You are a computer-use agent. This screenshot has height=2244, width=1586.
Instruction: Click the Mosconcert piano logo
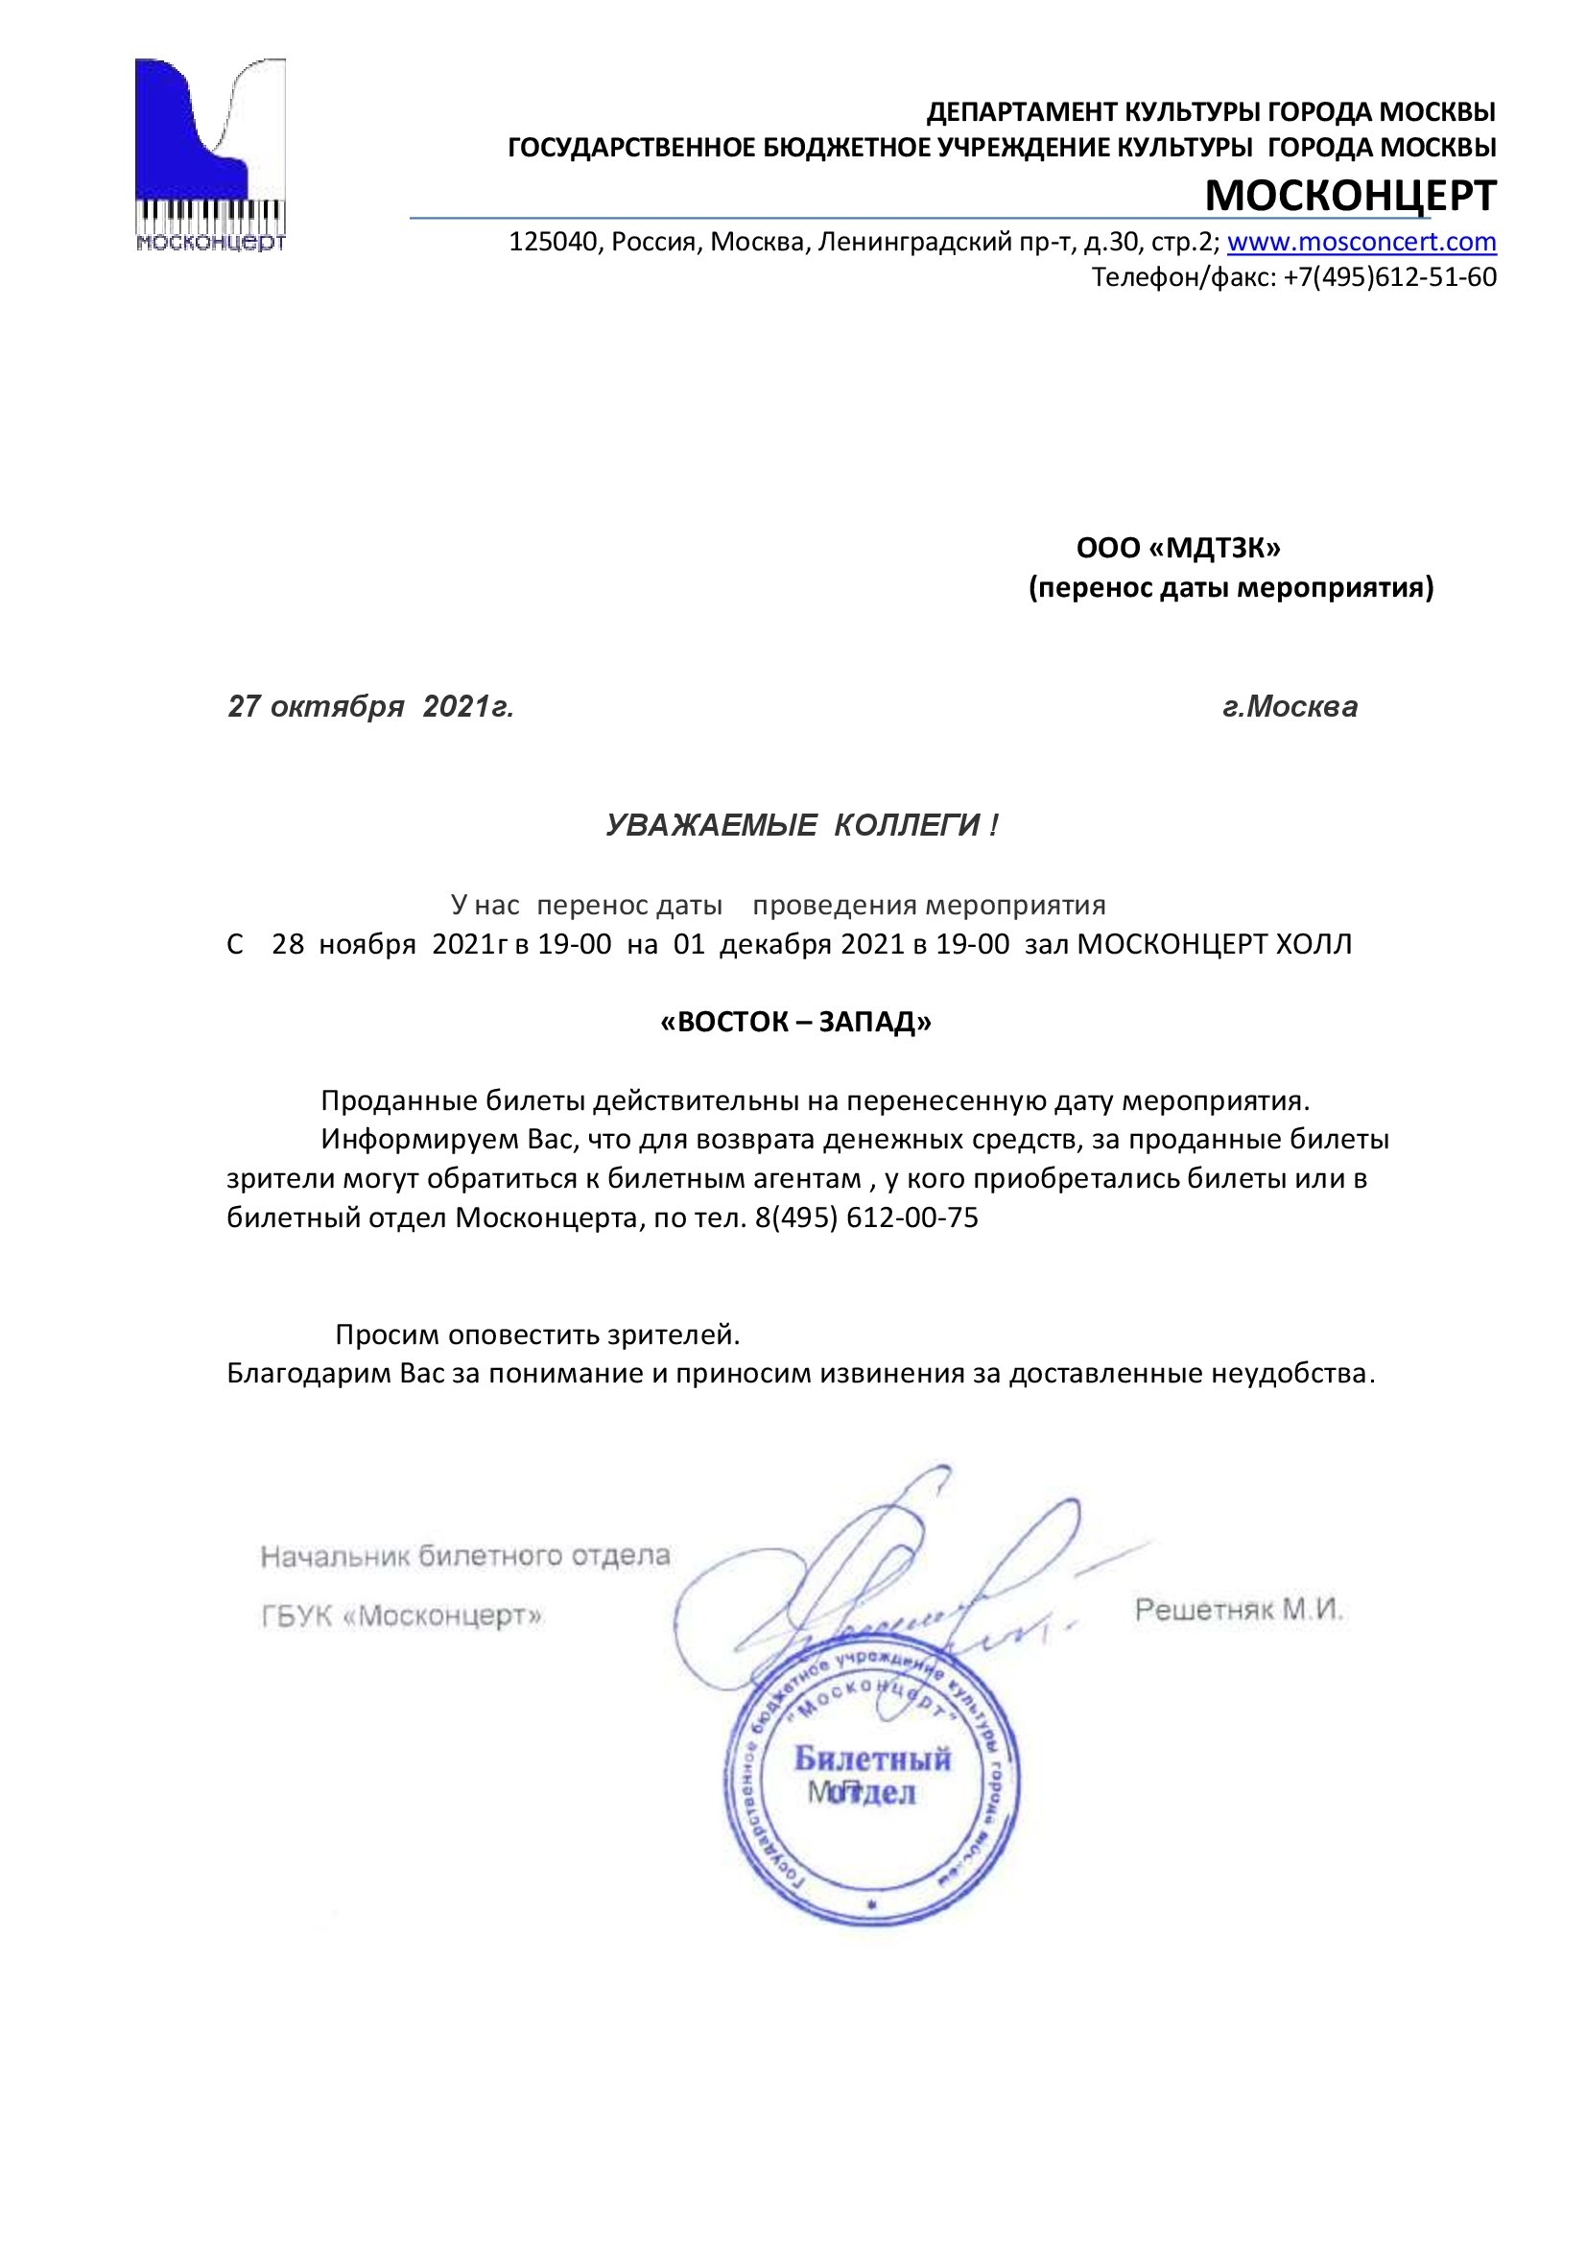tap(210, 154)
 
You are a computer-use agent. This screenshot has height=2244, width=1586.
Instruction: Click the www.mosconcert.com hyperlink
tap(1361, 242)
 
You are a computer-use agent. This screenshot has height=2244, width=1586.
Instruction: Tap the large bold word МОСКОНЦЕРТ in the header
tap(1350, 196)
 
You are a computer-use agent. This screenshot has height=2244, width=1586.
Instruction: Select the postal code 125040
tap(552, 242)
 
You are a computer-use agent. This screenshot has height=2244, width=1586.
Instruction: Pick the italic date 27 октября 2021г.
tap(370, 707)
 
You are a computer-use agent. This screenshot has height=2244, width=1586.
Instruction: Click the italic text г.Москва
tap(1289, 707)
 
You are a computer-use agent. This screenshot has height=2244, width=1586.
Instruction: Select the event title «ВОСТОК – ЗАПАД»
tap(795, 1023)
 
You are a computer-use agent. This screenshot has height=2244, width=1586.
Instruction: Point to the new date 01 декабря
tap(753, 944)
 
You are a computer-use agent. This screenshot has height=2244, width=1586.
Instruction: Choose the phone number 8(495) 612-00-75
tap(865, 1217)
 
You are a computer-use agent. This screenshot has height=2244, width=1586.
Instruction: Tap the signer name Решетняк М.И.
tap(1238, 1610)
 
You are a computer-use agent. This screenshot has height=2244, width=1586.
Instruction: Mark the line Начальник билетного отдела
tap(465, 1556)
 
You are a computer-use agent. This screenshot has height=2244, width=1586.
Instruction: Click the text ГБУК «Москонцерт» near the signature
tap(402, 1616)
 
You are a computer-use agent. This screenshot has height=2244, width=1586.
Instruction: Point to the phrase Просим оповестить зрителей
tap(537, 1335)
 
